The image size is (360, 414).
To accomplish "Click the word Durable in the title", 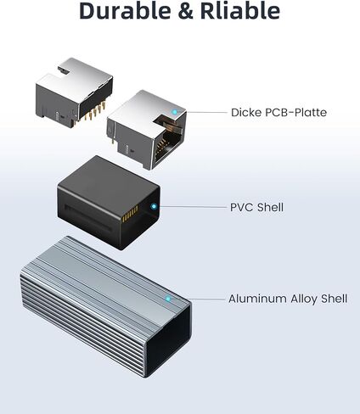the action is pos(125,10).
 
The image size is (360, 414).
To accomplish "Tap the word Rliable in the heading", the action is pos(240,10).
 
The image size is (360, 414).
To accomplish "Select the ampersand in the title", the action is pos(185,11).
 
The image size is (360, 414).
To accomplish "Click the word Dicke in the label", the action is pos(246,112).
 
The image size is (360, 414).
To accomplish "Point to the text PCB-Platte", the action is pos(295,112).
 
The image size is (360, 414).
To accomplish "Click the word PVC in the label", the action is pos(241,207).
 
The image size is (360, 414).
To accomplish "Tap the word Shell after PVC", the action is pos(270,207).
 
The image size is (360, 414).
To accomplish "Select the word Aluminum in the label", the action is pos(257,299).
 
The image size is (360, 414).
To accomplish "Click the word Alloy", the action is pos(304,299).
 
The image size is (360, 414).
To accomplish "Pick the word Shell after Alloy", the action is pos(334,299).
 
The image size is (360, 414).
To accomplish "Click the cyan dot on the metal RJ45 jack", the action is pos(175,112).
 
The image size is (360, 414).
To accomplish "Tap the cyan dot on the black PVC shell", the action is pos(154,206).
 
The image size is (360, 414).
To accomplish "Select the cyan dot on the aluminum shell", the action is pos(168,299).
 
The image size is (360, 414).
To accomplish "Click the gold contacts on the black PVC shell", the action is pos(130,214).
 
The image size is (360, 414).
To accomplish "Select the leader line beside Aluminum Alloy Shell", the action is pos(198,299).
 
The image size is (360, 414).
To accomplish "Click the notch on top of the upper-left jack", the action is pos(64,70).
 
